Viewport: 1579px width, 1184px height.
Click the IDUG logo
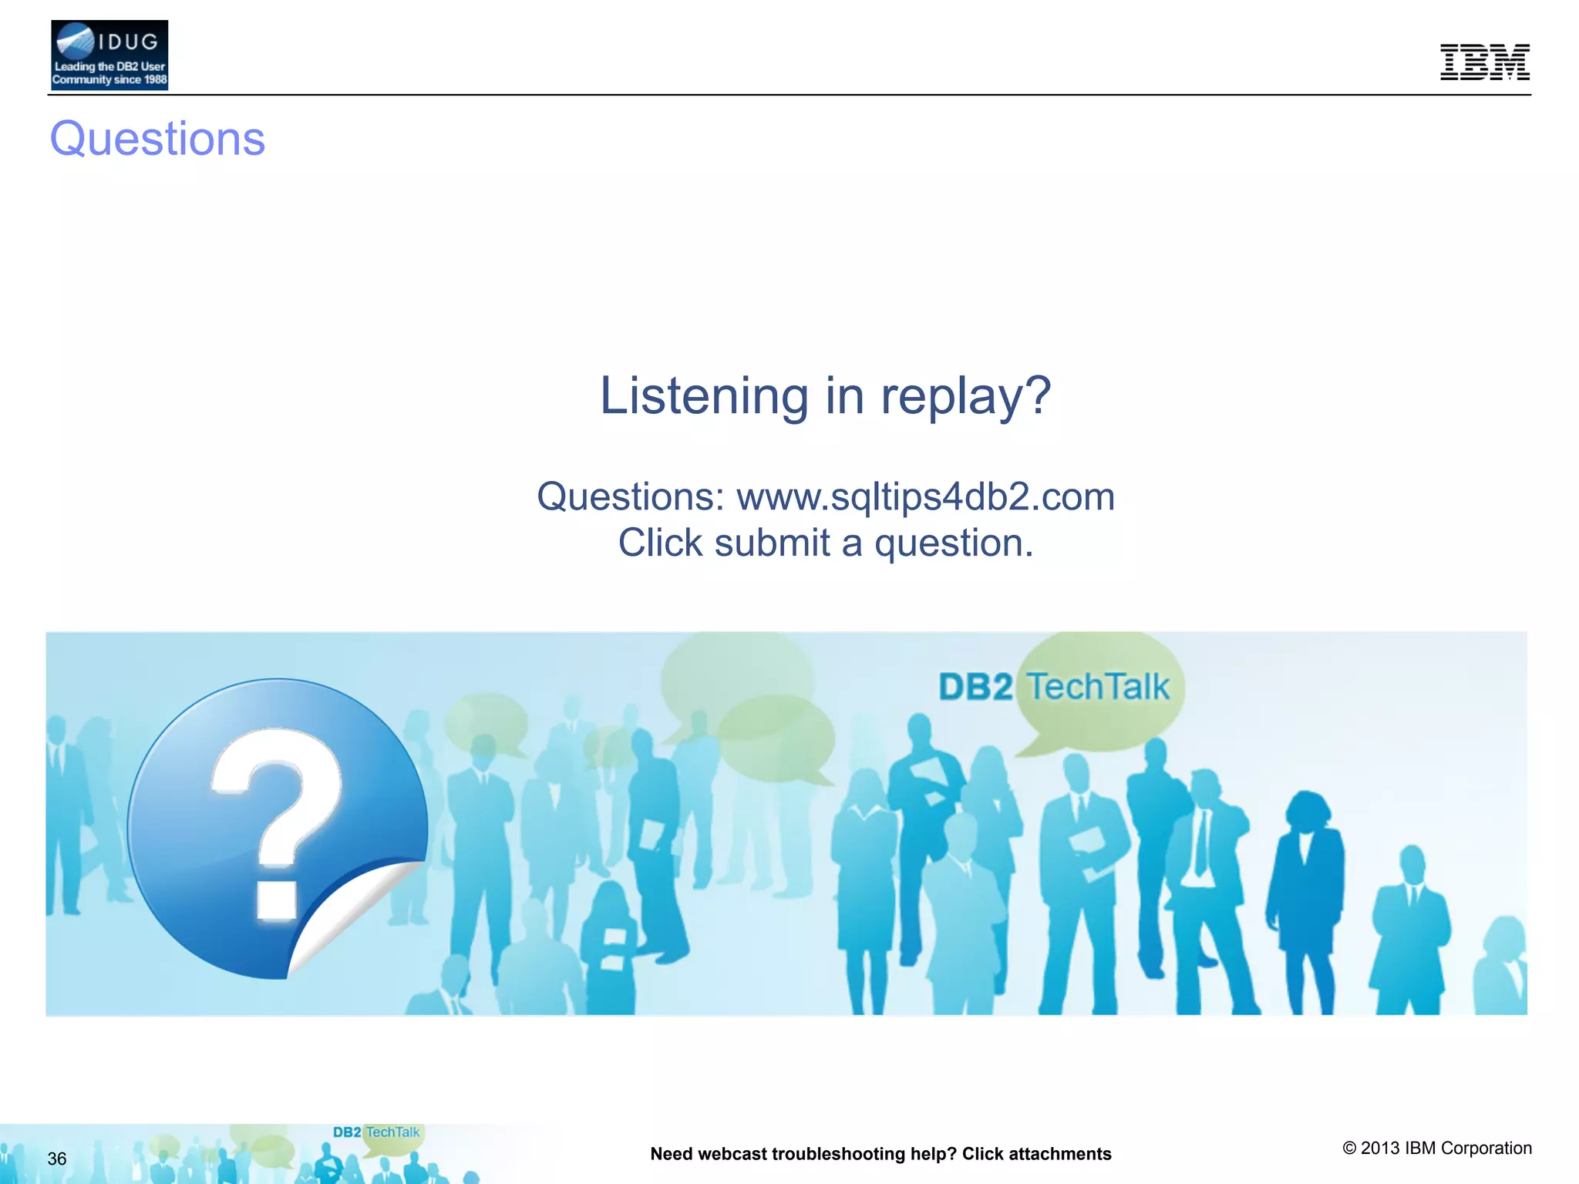point(109,55)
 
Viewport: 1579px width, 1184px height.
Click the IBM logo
point(1484,62)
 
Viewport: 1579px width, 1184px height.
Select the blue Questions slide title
point(157,139)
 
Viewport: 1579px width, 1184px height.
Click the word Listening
point(704,396)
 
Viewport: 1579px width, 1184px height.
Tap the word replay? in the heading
point(965,396)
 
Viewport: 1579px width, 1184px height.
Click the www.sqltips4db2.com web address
point(925,496)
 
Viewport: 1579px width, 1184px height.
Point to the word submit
point(772,543)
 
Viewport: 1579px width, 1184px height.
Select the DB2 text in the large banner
point(975,687)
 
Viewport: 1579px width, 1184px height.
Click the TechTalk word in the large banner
point(1099,687)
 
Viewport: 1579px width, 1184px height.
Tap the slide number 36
point(57,1159)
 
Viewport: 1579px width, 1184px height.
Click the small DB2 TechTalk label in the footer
point(376,1132)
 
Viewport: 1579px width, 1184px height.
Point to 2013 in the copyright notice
point(1380,1148)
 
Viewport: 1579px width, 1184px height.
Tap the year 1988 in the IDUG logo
point(155,79)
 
